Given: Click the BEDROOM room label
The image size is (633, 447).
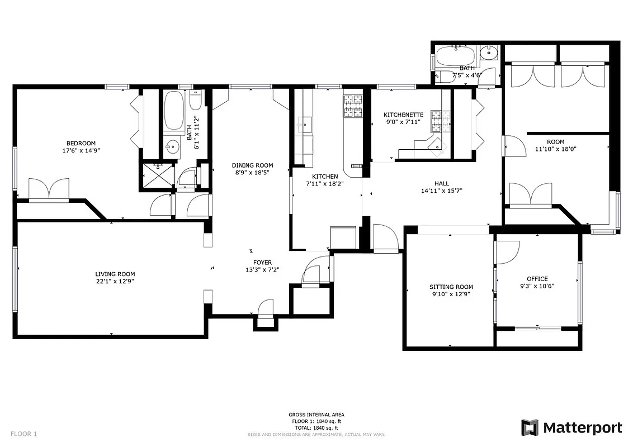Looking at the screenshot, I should (x=81, y=142).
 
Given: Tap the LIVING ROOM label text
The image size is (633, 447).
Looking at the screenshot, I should (x=115, y=274).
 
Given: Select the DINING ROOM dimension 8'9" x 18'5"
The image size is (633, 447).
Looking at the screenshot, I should (x=253, y=173).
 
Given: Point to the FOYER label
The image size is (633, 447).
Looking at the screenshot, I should (x=262, y=262).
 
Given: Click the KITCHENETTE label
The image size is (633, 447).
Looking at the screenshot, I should (x=403, y=115).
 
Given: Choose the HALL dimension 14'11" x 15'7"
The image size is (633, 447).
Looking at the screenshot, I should (x=441, y=191).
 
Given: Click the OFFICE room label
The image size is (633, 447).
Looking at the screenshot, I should (x=537, y=279).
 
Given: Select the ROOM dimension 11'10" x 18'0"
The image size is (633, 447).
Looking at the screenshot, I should (x=555, y=149).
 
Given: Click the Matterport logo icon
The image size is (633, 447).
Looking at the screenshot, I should (x=530, y=428).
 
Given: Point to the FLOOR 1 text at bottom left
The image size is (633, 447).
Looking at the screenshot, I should (x=23, y=434).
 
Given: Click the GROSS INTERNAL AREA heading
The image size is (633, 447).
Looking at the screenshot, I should (x=316, y=415).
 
